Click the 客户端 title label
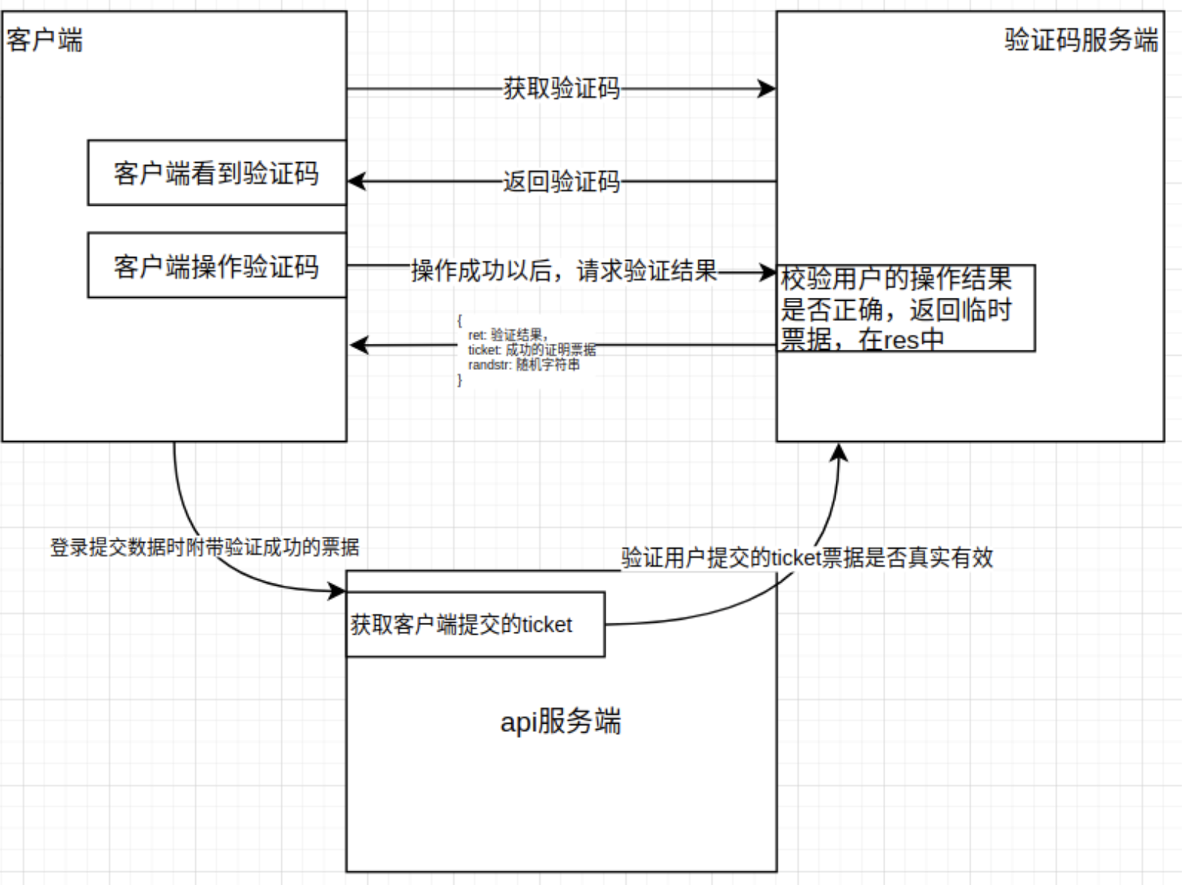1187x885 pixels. [x=44, y=39]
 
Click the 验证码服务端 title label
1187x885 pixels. [x=1080, y=39]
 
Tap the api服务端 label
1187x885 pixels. [x=560, y=721]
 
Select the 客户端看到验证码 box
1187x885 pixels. [x=216, y=173]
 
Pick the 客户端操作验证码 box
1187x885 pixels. [x=216, y=265]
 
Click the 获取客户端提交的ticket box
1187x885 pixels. [x=474, y=624]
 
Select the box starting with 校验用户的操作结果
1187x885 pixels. [x=905, y=308]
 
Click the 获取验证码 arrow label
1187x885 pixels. [x=561, y=88]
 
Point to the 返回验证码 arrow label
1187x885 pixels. [x=561, y=182]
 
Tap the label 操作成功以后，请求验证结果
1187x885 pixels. [x=563, y=271]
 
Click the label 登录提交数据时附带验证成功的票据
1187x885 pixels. [x=204, y=547]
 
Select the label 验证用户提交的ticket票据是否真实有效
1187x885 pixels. [x=807, y=557]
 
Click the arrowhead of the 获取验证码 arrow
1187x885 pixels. [x=768, y=89]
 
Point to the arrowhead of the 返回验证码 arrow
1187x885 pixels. [x=357, y=182]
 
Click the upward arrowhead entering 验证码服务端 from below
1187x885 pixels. [x=839, y=452]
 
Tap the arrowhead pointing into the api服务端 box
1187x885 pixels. [x=337, y=590]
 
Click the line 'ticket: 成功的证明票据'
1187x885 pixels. [x=532, y=350]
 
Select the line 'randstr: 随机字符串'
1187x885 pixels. [x=523, y=365]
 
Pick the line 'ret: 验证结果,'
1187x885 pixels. [x=508, y=335]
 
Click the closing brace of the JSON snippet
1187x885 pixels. [x=459, y=380]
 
